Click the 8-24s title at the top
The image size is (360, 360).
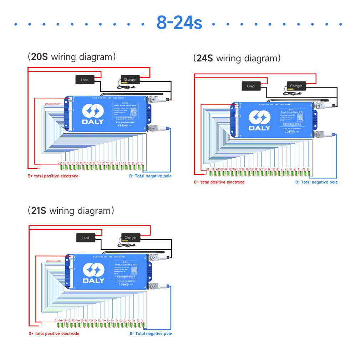[179, 23]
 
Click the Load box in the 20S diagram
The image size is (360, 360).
[85, 80]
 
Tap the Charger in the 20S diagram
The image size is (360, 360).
[130, 79]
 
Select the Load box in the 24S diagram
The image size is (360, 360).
[251, 86]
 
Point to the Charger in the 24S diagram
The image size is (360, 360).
[296, 86]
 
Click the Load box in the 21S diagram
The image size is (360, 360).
[85, 238]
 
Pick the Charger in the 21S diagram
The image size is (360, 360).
[131, 237]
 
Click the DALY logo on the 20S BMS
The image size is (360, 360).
[93, 115]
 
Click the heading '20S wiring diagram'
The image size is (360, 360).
[72, 57]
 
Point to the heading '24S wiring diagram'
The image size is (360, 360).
[237, 58]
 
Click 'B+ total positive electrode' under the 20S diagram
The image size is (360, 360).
[53, 176]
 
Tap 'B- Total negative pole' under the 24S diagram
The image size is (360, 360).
[316, 182]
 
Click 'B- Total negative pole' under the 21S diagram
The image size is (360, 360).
[151, 334]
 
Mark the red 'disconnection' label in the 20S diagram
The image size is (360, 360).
[53, 103]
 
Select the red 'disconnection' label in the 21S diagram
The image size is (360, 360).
[54, 261]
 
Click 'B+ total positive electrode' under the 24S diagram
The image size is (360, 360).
[219, 182]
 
